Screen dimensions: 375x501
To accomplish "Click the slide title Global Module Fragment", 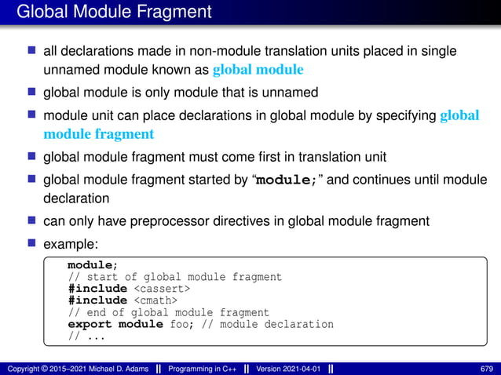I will (x=114, y=12).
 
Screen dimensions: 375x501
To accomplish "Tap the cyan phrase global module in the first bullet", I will (x=258, y=70).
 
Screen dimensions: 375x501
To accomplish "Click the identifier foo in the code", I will (x=178, y=324).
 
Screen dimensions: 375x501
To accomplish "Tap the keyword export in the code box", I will (x=90, y=324).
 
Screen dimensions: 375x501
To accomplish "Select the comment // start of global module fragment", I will (x=174, y=277).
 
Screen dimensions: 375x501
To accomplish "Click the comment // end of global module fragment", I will (x=168, y=312).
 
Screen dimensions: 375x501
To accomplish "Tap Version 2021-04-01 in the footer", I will (x=288, y=369).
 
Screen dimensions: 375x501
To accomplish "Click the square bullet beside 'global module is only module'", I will (x=32, y=92).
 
